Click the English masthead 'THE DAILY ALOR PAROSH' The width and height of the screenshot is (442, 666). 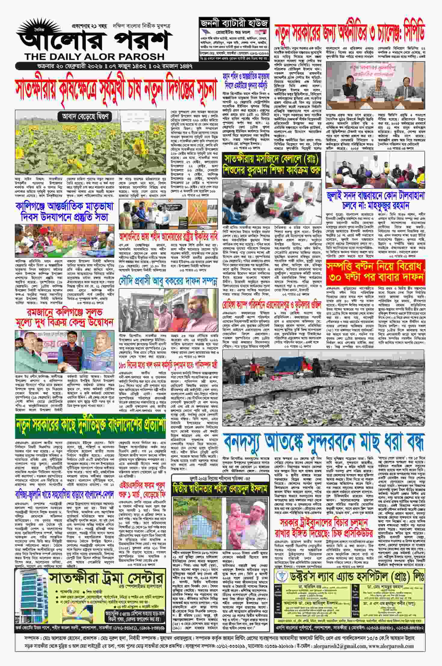coord(95,57)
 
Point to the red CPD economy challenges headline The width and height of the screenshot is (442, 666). coord(350,33)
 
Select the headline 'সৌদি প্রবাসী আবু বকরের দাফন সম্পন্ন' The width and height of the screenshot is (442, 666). coord(168,282)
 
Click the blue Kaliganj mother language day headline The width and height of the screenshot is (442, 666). coord(64,212)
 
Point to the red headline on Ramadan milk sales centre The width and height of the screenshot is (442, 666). coord(64,317)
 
